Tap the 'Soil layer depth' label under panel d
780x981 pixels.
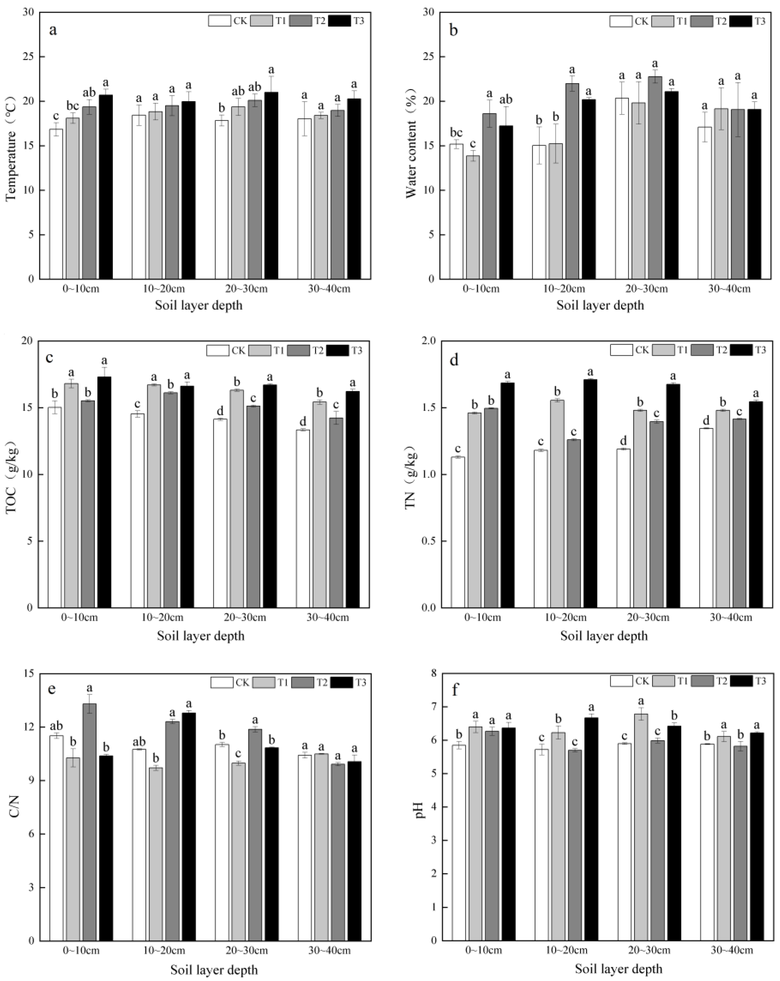(603, 636)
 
